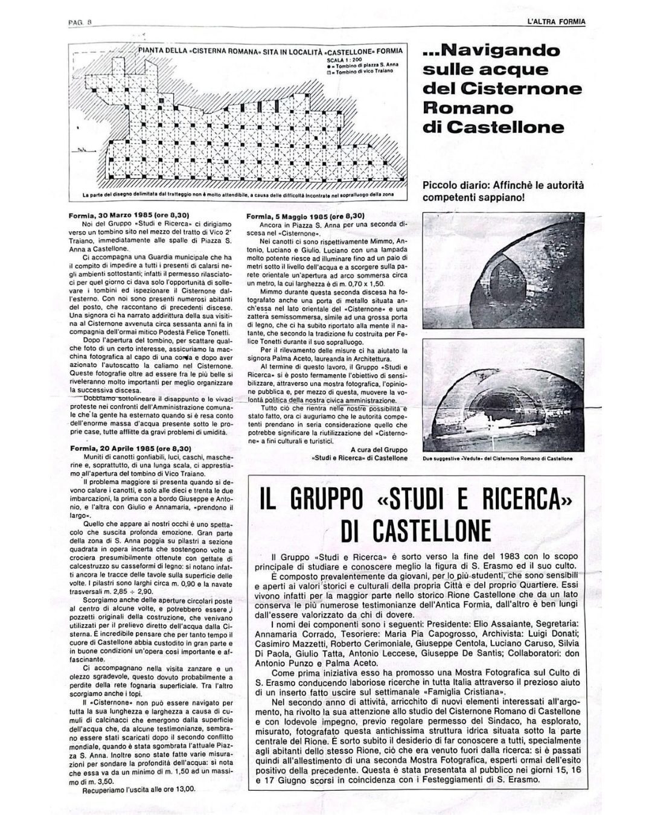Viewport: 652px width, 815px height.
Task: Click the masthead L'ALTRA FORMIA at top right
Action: (555, 22)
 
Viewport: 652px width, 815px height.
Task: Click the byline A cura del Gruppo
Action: (379, 449)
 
